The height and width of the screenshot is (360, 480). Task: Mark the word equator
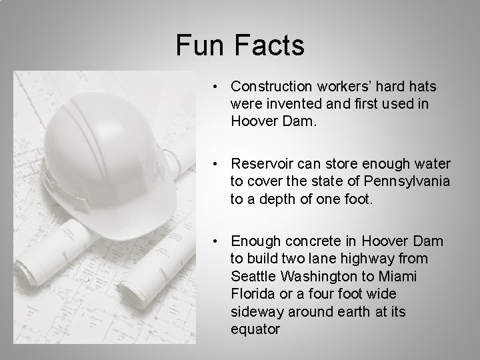255,328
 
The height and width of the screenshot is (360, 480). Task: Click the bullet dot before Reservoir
217,164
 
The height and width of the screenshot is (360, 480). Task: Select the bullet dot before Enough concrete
217,241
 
